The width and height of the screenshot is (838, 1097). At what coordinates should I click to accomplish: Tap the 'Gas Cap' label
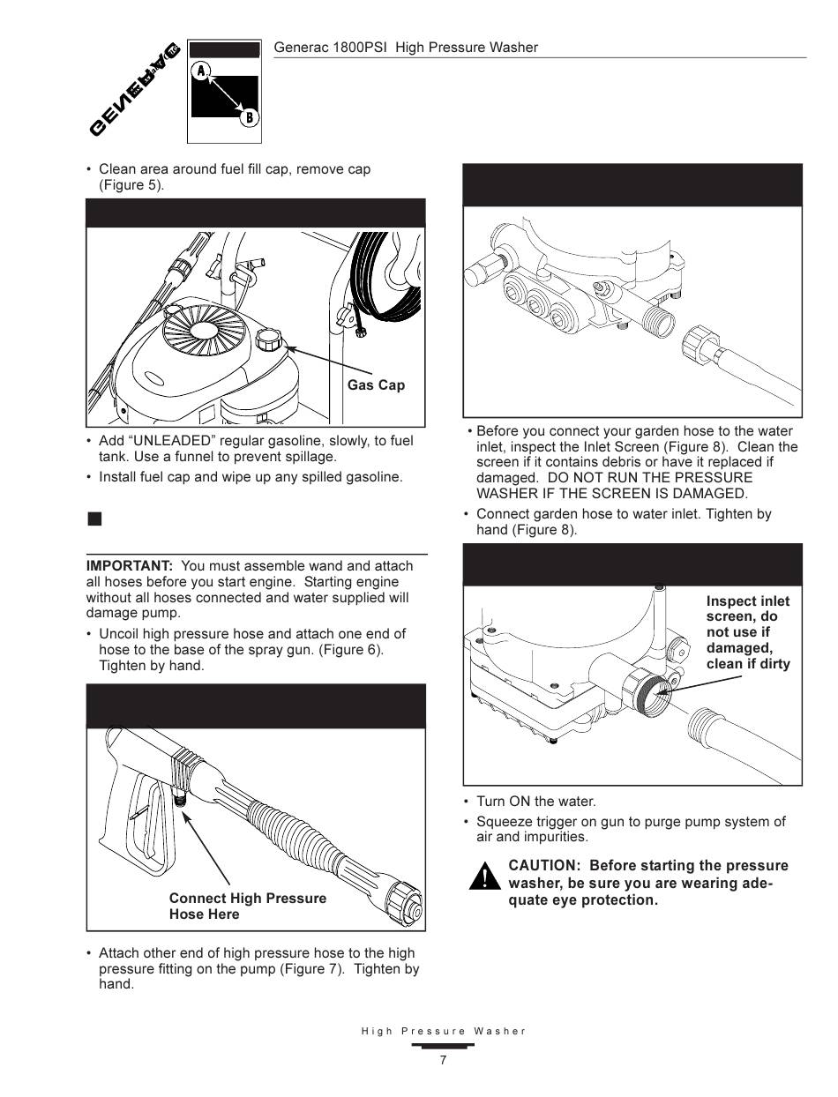pyautogui.click(x=376, y=385)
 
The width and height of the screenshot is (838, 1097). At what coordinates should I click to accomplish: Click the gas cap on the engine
pyautogui.click(x=267, y=338)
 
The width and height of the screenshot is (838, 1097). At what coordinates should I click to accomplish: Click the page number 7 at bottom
pyautogui.click(x=443, y=1061)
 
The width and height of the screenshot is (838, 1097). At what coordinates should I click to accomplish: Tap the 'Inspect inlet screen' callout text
pyautogui.click(x=747, y=632)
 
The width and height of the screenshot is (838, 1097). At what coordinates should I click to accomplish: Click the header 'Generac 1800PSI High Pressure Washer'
pyautogui.click(x=406, y=48)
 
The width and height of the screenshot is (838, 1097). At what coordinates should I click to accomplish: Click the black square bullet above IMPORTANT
pyautogui.click(x=94, y=519)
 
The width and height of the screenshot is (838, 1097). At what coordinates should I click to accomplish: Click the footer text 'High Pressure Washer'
pyautogui.click(x=443, y=1031)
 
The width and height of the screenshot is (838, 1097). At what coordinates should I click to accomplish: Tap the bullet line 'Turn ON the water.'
pyautogui.click(x=535, y=802)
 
